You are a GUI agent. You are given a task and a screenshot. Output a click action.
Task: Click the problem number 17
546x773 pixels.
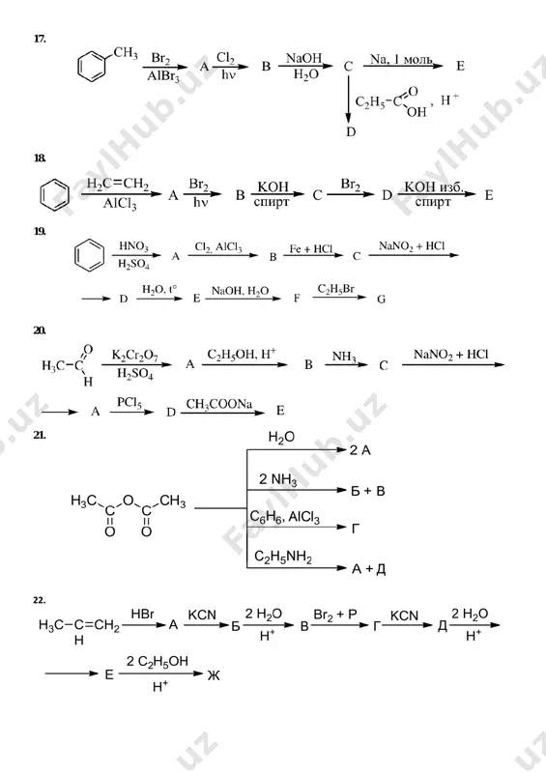(x=40, y=39)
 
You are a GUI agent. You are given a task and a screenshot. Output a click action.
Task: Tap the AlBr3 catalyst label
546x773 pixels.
(x=162, y=77)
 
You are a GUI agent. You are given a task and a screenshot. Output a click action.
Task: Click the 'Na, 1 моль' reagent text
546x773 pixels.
(x=401, y=60)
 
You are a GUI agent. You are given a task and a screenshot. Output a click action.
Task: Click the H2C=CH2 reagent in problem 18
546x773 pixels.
(x=118, y=185)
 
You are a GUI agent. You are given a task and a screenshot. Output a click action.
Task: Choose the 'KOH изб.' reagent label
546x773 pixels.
(x=434, y=186)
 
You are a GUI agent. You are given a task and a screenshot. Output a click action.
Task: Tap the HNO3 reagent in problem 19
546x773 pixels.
(x=133, y=246)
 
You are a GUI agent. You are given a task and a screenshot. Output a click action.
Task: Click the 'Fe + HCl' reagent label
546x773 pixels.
(x=311, y=249)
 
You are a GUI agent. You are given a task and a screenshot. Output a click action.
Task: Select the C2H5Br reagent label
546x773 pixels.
(x=336, y=289)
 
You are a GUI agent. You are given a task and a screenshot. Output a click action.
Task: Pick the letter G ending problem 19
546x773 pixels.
(x=382, y=299)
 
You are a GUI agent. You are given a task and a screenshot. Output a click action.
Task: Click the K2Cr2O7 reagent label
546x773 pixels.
(x=134, y=356)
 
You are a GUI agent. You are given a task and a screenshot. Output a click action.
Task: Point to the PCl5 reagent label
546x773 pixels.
(x=129, y=403)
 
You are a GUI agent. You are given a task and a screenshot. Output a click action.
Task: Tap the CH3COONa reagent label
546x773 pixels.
(x=219, y=405)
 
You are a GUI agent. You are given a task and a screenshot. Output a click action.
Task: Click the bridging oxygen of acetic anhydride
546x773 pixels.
(x=129, y=501)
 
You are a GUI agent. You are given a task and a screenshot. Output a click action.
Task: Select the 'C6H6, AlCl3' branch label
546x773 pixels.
(x=284, y=517)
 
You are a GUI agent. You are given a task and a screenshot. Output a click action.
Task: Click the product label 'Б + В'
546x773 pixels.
(x=367, y=491)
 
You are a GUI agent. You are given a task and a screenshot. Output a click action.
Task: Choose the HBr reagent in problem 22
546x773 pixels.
(x=143, y=614)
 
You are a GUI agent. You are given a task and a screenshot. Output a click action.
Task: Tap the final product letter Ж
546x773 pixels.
(x=214, y=674)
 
